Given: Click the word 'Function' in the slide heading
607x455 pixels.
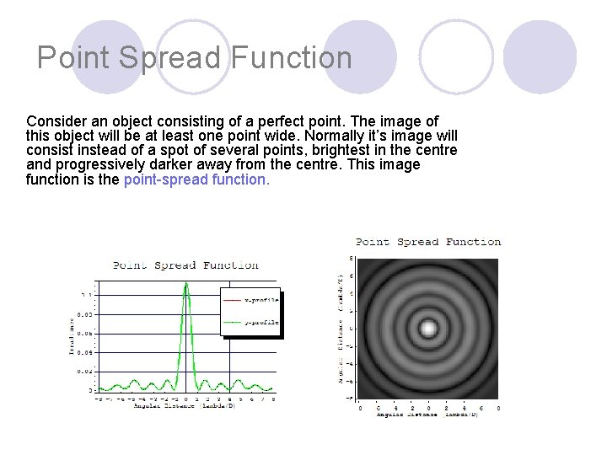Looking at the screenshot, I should (x=291, y=58).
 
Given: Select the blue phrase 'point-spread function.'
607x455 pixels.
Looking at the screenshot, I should (x=196, y=179).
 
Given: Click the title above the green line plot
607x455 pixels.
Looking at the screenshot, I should (x=185, y=265).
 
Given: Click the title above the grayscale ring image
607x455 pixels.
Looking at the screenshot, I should (x=428, y=242).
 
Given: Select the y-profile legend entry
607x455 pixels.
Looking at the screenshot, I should (x=250, y=321).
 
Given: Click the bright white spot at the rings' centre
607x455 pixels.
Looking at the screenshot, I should (x=428, y=327).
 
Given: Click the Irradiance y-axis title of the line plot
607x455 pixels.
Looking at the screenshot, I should (x=72, y=335).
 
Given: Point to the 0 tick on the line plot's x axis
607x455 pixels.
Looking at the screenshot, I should (x=186, y=398).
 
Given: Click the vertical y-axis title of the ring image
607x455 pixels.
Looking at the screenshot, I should (x=340, y=329).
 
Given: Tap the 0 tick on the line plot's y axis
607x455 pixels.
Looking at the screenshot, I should (x=90, y=390).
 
